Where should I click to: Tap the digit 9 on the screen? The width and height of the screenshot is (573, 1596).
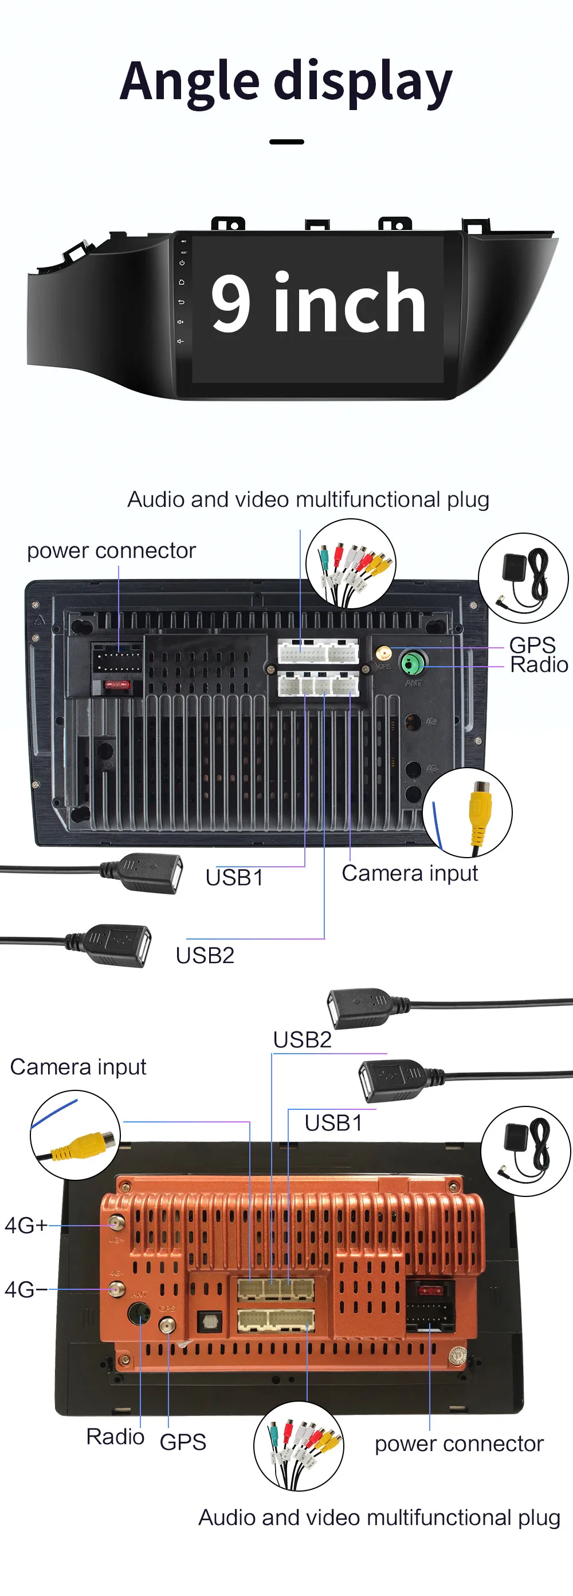point(230,302)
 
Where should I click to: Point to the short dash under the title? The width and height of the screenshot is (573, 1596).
point(286,142)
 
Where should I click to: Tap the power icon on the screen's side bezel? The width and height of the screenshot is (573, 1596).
point(182,263)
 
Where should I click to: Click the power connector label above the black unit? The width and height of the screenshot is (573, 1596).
point(112,550)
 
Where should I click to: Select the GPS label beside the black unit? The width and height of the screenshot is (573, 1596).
point(532,645)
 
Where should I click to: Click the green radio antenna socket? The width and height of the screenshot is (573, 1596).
point(411,663)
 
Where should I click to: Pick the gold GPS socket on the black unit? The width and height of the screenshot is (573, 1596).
point(383,653)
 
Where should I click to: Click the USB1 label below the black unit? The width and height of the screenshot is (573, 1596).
point(234,877)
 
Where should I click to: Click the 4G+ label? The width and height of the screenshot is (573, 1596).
point(25,1226)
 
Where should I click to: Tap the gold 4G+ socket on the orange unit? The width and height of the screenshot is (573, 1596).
point(115,1222)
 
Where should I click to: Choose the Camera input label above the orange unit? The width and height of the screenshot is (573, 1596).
point(78,1067)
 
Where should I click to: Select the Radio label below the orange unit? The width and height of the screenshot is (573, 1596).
point(115,1436)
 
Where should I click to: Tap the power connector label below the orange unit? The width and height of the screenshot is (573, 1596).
point(459,1444)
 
